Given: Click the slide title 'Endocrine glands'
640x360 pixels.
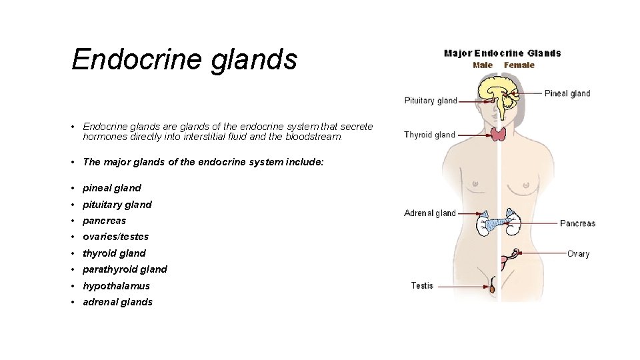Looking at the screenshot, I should tap(184, 59).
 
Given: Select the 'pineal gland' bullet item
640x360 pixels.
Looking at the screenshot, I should tap(111, 188).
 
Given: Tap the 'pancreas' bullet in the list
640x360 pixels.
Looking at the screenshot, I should tap(104, 221).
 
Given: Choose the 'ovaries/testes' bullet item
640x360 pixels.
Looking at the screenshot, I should tap(115, 237).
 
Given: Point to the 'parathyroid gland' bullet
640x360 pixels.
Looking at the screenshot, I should tap(125, 269).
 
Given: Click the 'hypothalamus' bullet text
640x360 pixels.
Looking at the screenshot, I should tap(116, 286).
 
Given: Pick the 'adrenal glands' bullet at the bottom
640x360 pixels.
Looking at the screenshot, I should tap(117, 302).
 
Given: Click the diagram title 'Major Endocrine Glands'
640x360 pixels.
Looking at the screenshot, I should tap(502, 53).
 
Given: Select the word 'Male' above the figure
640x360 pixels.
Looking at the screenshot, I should tap(483, 65).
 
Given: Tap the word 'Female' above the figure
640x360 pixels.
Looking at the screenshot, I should tap(519, 65).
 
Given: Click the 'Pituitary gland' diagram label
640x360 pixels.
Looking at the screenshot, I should tap(431, 101).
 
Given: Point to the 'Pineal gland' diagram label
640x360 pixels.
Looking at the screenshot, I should tap(567, 93).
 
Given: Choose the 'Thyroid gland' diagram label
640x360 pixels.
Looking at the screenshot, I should tap(429, 135).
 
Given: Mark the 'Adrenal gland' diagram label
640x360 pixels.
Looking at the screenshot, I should tap(430, 213).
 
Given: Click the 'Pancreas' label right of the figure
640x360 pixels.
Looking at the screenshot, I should tap(577, 223).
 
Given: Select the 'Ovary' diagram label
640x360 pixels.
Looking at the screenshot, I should tap(578, 254).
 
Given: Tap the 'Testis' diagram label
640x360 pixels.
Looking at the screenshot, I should tap(422, 286).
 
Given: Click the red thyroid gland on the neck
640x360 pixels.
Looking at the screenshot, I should tap(499, 135).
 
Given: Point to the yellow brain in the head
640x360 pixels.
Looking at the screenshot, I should tap(493, 87).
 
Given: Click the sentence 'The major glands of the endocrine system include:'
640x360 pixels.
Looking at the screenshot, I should tap(203, 162).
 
